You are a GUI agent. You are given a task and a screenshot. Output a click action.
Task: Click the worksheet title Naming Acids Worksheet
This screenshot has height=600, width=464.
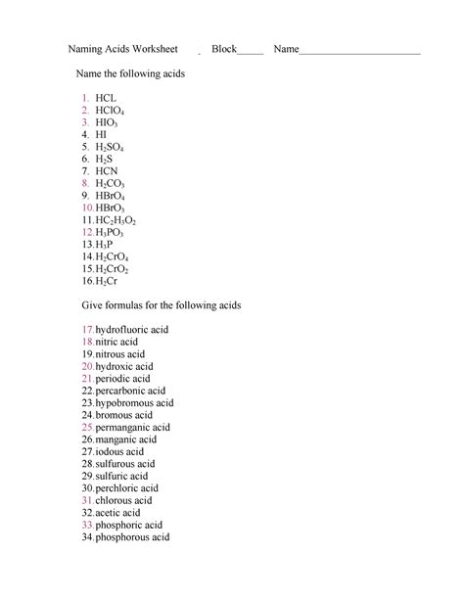point(122,48)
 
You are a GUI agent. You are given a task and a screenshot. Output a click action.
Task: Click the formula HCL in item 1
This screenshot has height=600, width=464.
point(106,99)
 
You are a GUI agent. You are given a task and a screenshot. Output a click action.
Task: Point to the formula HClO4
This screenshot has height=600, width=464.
point(110,113)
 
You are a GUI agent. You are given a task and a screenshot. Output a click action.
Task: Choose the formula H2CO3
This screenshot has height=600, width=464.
point(110,182)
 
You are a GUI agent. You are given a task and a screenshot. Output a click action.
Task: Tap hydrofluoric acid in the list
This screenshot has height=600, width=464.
point(131,330)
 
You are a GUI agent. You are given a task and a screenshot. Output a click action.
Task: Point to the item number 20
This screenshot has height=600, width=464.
point(87,366)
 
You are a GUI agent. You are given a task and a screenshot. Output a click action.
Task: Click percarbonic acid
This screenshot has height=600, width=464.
point(130,391)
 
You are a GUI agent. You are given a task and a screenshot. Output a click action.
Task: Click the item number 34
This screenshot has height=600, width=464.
point(87,536)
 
